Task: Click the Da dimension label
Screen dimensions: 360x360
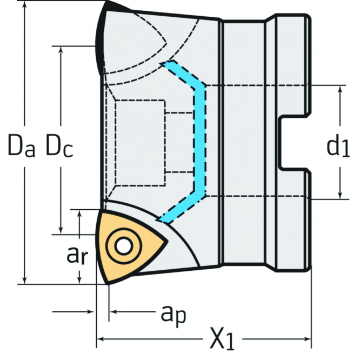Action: [x=21, y=145]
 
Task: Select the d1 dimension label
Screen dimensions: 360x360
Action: [x=338, y=146]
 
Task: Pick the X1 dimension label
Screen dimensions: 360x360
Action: [x=222, y=340]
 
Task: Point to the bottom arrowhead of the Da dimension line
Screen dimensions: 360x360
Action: [x=24, y=278]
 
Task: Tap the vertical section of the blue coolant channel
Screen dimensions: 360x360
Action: [x=202, y=141]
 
